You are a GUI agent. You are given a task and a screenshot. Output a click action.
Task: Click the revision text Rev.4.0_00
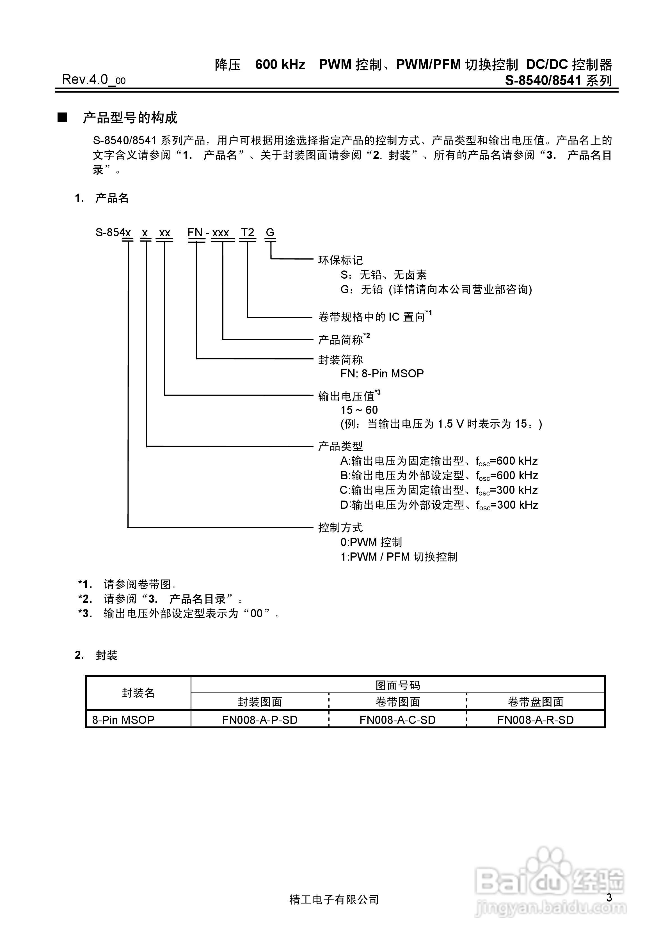coord(93,79)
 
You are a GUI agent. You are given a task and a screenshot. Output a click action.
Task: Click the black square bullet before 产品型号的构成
coord(62,118)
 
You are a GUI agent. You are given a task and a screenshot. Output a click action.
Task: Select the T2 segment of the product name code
coord(248,233)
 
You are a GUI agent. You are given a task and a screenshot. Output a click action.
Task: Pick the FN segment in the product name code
coord(195,233)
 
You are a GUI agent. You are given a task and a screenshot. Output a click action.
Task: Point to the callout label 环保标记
coord(340,260)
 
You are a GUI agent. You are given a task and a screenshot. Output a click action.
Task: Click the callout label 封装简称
coord(340,360)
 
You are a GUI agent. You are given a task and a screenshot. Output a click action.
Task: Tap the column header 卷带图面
coord(397,702)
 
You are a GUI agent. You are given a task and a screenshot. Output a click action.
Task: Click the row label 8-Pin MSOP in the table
coord(123,720)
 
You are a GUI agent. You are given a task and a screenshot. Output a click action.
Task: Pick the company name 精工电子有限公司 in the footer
coord(334,900)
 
